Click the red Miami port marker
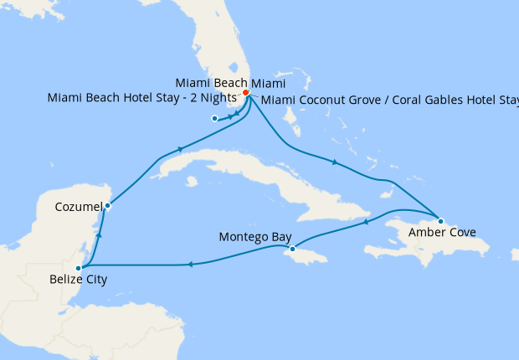pos(246,93)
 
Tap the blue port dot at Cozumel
pos(107,205)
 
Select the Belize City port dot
pos(78,268)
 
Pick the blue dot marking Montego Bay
pos(292,249)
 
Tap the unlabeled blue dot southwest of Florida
pos(215,119)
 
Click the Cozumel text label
pos(80,206)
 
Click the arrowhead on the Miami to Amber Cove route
pos(335,162)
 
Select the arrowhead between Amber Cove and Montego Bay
pos(367,222)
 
